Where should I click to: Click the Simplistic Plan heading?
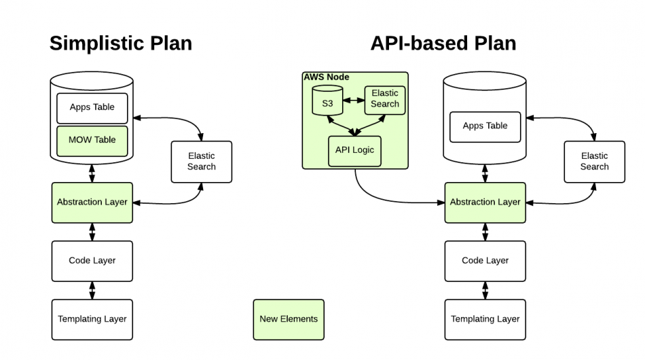(x=121, y=43)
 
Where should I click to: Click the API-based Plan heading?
(x=443, y=43)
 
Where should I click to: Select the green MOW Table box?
(x=92, y=140)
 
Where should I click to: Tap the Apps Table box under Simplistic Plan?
(x=92, y=107)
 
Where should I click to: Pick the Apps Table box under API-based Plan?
(x=485, y=126)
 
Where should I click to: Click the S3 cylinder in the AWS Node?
(x=327, y=103)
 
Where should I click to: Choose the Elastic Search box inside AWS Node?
(x=385, y=99)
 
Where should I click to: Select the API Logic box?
(x=354, y=151)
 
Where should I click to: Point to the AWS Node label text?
(x=327, y=77)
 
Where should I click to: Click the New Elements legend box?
(x=289, y=319)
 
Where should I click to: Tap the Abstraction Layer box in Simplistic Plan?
(x=92, y=202)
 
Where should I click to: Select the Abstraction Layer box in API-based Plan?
(x=485, y=202)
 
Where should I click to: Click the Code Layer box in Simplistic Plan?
(x=92, y=261)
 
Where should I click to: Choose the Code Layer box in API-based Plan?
(x=485, y=261)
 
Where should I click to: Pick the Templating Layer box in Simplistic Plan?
(x=92, y=319)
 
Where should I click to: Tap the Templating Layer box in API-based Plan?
(x=485, y=319)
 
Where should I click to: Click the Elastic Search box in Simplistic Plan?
(x=201, y=162)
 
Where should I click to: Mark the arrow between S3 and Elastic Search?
(x=354, y=101)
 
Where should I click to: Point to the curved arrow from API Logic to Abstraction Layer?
(x=380, y=196)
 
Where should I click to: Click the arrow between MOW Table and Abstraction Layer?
(x=92, y=173)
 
